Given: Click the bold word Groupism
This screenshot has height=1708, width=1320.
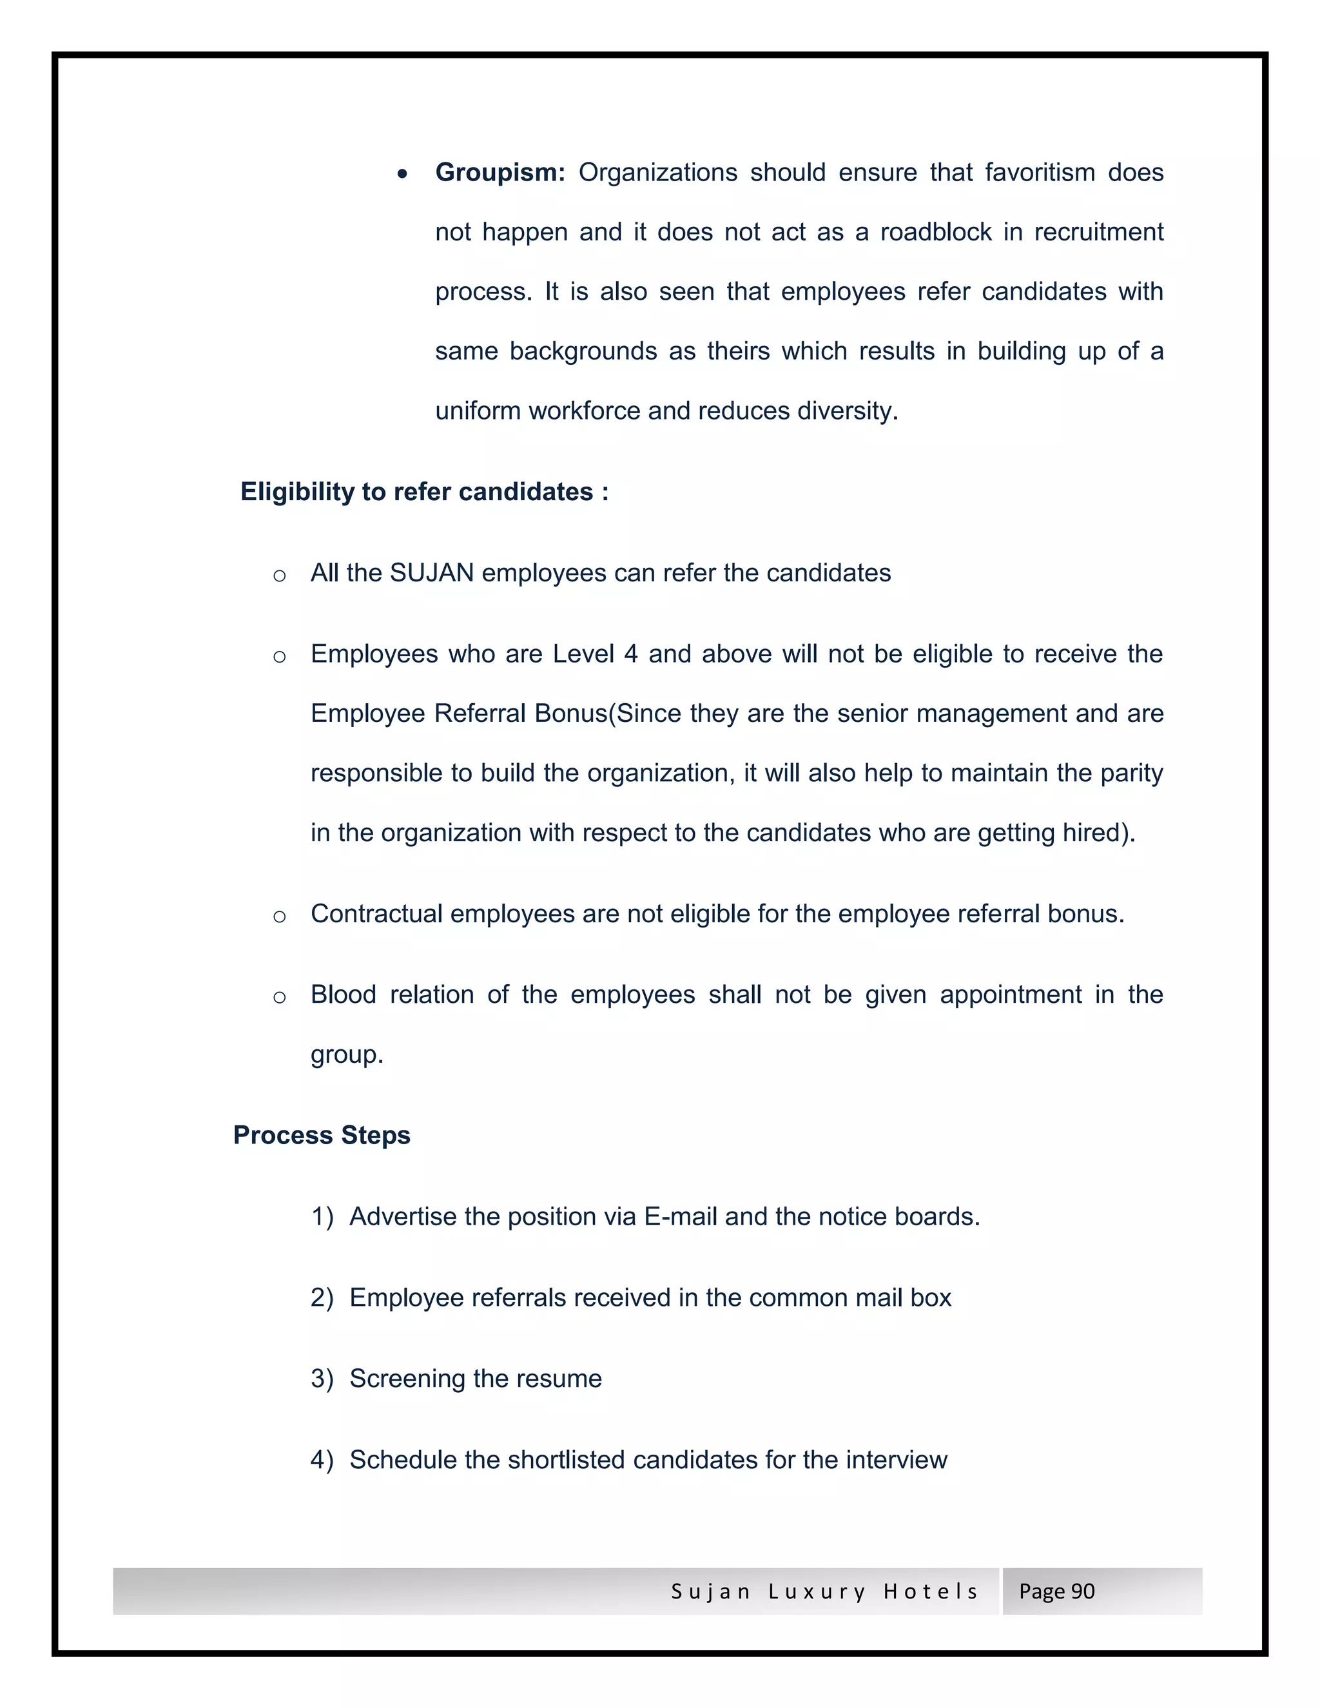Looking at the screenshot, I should point(499,173).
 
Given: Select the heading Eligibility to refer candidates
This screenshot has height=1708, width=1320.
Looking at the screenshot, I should point(424,492).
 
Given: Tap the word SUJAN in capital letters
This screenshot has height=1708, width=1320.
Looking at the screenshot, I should point(432,573).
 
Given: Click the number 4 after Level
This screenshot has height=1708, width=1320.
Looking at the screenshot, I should point(630,654).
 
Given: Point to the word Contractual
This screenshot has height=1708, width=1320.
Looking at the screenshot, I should point(376,913).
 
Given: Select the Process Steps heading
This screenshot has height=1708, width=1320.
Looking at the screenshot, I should point(322,1136).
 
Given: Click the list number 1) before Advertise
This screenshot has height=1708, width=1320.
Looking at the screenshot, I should point(322,1217).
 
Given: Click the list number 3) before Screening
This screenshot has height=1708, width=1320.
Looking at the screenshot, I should point(322,1379).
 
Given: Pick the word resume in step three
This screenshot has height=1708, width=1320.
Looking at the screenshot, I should point(562,1379).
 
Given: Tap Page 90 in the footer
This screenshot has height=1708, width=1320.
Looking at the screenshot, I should point(1056,1591).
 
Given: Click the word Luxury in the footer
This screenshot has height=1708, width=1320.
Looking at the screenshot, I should point(817,1591).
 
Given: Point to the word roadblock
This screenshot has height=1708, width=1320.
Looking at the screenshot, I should point(936,232).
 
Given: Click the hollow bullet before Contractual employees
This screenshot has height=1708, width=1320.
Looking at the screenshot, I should point(279,917).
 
